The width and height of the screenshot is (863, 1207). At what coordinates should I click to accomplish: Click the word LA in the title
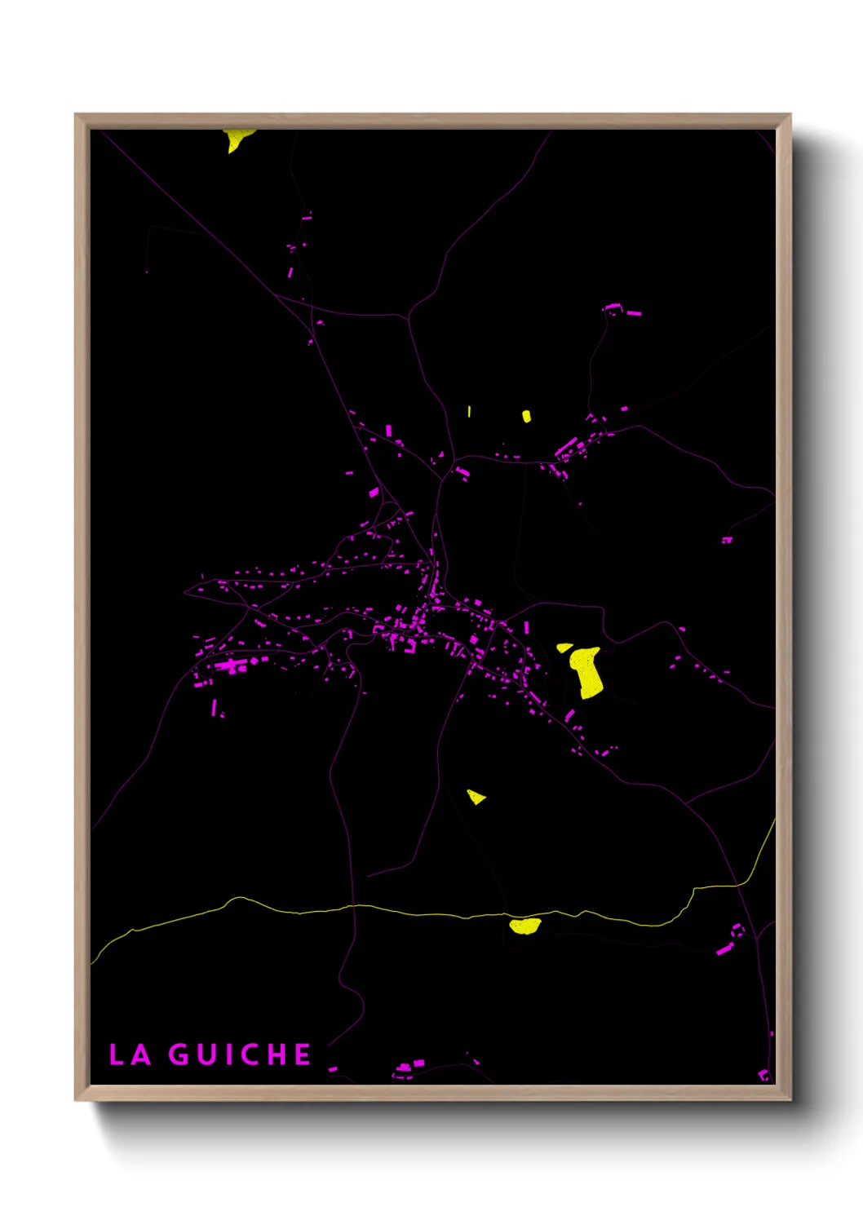click(x=131, y=1054)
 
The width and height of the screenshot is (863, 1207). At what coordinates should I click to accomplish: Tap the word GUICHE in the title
click(x=240, y=1054)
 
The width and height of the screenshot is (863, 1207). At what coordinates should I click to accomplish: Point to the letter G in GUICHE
click(x=179, y=1054)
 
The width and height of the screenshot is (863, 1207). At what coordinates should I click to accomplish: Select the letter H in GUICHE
click(x=277, y=1054)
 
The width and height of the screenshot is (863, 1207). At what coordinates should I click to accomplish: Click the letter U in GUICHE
click(x=206, y=1054)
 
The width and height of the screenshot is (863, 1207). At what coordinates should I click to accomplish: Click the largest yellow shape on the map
click(x=586, y=672)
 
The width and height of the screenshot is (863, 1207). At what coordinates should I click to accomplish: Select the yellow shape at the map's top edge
click(x=237, y=139)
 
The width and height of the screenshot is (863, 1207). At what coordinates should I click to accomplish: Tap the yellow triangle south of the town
click(x=476, y=796)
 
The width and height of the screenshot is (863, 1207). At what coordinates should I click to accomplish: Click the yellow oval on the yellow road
click(x=524, y=925)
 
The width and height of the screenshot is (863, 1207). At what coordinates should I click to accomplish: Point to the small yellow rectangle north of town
click(x=526, y=417)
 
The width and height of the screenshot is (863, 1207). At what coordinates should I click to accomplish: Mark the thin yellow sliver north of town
click(x=469, y=412)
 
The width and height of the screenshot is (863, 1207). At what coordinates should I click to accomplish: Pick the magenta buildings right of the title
click(x=408, y=1066)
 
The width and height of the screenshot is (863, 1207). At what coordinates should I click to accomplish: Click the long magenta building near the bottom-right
click(x=724, y=948)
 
